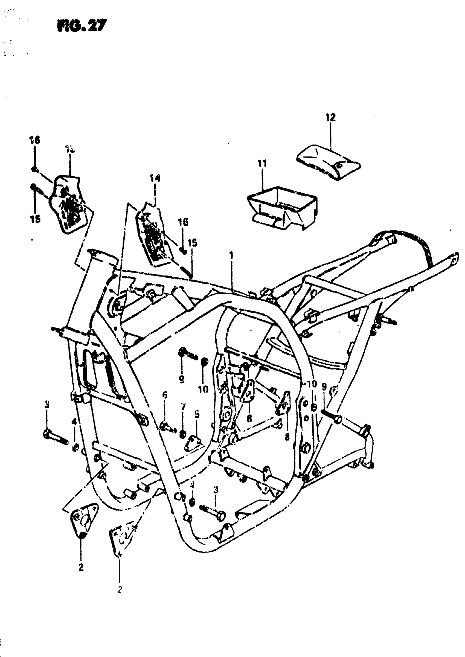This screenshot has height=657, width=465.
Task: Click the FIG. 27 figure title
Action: click(81, 26)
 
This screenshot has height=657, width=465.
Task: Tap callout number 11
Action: click(262, 164)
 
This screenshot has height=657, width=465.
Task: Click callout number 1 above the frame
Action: click(232, 254)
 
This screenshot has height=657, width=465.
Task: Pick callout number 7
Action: click(183, 407)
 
